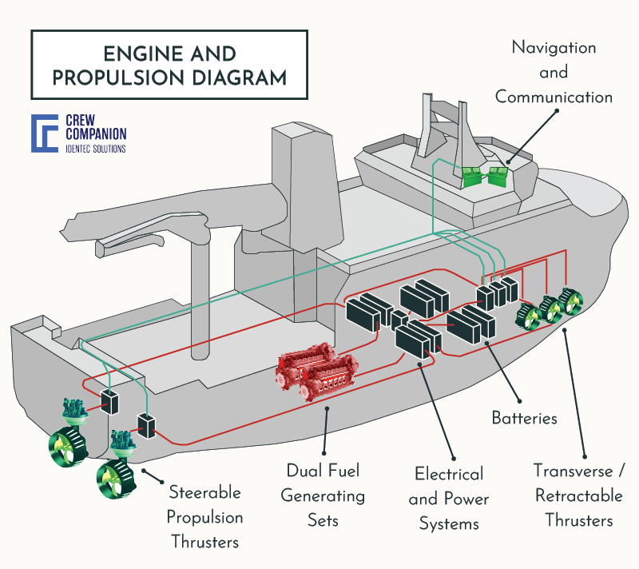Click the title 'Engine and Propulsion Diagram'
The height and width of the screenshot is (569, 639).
[169, 66]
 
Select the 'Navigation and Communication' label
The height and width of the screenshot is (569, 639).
[554, 73]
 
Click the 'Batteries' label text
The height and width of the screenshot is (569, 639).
[524, 417]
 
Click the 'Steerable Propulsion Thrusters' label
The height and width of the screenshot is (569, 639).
[204, 515]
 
